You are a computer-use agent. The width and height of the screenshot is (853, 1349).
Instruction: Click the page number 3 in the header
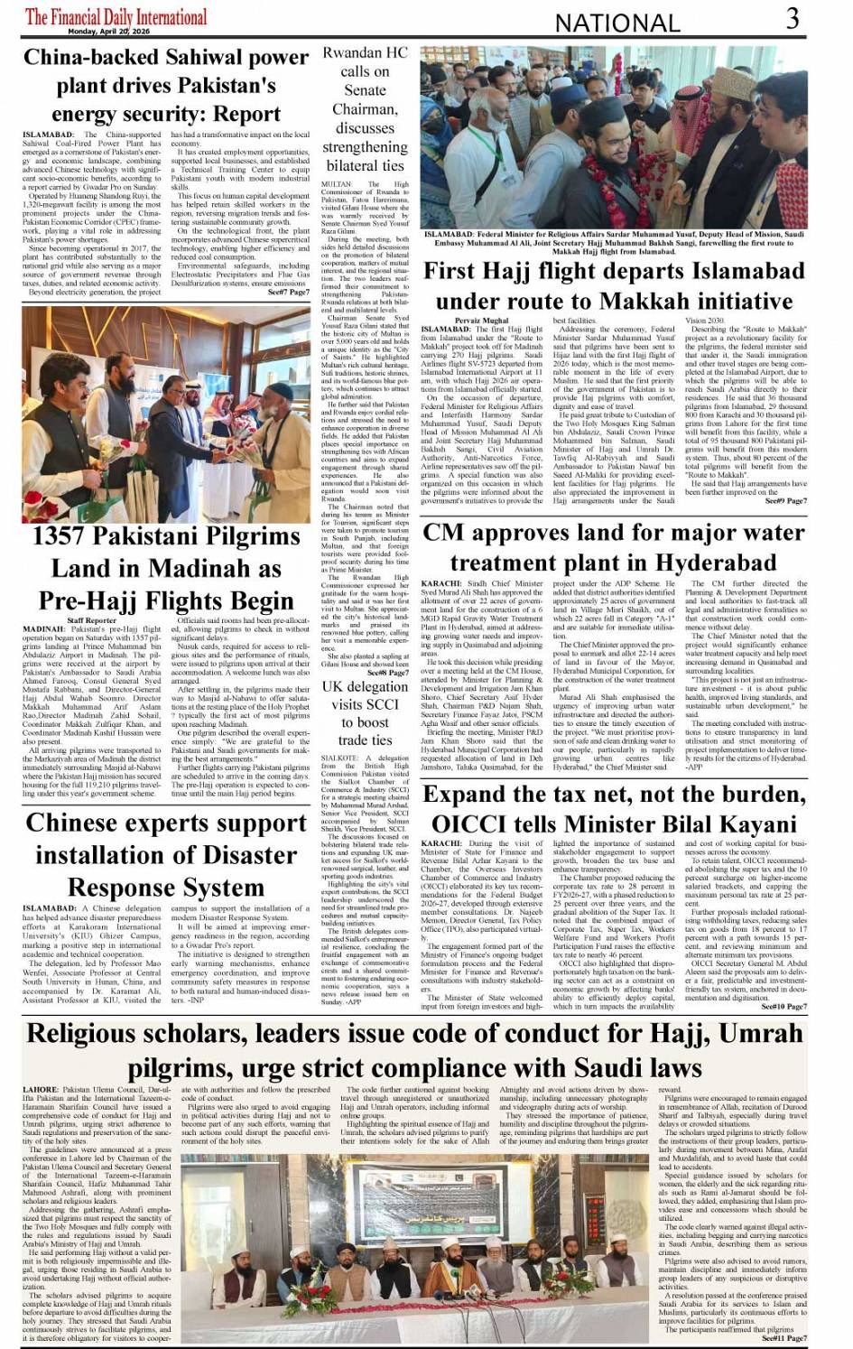click(792, 18)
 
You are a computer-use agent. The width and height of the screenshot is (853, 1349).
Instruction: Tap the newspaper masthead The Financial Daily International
click(116, 16)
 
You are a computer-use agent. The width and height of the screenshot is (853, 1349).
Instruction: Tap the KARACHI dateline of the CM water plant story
click(440, 584)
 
